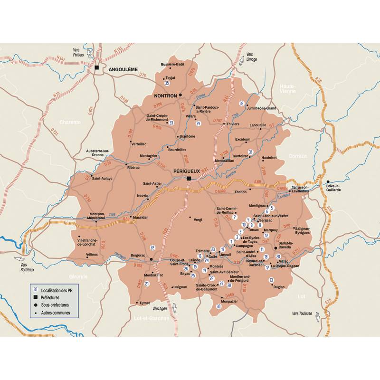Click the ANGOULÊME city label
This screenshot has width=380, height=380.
click(x=123, y=69)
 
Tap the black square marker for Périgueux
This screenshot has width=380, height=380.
click(x=189, y=179)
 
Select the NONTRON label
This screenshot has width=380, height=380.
click(x=165, y=95)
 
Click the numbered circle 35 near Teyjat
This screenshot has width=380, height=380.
click(x=167, y=84)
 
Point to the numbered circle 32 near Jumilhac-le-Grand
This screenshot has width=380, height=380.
click(x=242, y=103)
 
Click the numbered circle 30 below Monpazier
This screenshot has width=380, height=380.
click(x=218, y=306)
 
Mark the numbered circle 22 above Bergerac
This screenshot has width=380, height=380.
click(x=152, y=247)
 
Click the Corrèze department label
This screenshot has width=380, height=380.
click(x=298, y=155)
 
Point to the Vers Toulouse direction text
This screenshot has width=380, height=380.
click(x=302, y=313)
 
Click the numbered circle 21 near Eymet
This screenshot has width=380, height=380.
click(x=147, y=284)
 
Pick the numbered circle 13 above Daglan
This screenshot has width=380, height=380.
click(x=271, y=280)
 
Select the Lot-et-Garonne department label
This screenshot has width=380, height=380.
click(x=152, y=318)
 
